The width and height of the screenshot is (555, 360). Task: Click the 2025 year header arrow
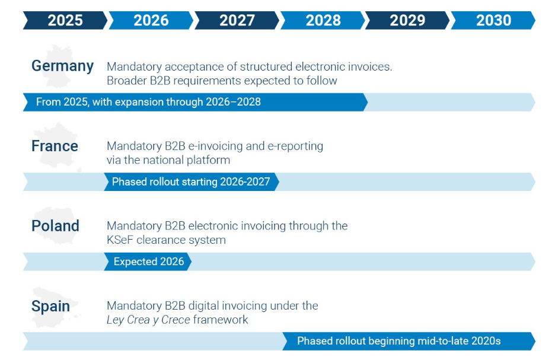[65, 20]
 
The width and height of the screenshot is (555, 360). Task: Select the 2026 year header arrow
[151, 20]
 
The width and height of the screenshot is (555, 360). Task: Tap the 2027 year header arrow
[237, 20]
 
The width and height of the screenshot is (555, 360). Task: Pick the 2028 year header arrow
[323, 20]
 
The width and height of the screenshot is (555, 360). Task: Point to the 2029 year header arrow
[407, 20]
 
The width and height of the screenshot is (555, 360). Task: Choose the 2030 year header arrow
[493, 20]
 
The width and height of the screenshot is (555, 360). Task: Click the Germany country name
[62, 66]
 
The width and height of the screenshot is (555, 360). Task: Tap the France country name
[55, 146]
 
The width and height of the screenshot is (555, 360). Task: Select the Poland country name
[55, 226]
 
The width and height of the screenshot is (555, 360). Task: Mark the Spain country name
[50, 306]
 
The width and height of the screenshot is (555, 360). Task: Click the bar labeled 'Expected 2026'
[148, 262]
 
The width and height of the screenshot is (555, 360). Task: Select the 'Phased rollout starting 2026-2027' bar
[190, 181]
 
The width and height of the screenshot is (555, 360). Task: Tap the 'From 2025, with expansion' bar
[148, 102]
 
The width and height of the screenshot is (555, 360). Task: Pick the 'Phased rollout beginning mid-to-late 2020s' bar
[398, 341]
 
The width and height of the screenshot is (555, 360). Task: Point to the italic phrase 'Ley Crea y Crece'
[148, 320]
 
